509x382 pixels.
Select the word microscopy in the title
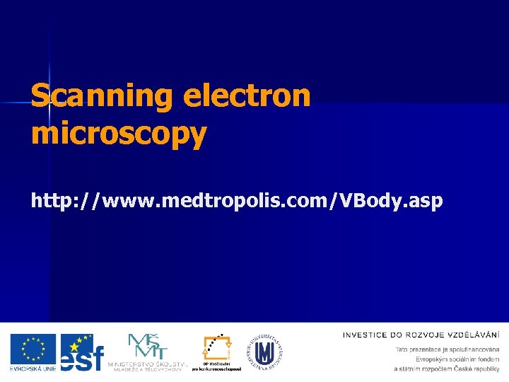click(x=119, y=132)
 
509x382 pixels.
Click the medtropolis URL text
click(x=237, y=201)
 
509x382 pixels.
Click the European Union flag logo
click(x=33, y=349)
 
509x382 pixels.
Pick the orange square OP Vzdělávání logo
click(x=216, y=347)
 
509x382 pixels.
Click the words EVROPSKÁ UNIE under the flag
click(x=33, y=368)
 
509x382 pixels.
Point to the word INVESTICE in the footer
click(x=365, y=335)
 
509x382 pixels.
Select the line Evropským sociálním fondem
click(x=457, y=359)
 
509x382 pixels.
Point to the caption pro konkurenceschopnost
click(x=216, y=369)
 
